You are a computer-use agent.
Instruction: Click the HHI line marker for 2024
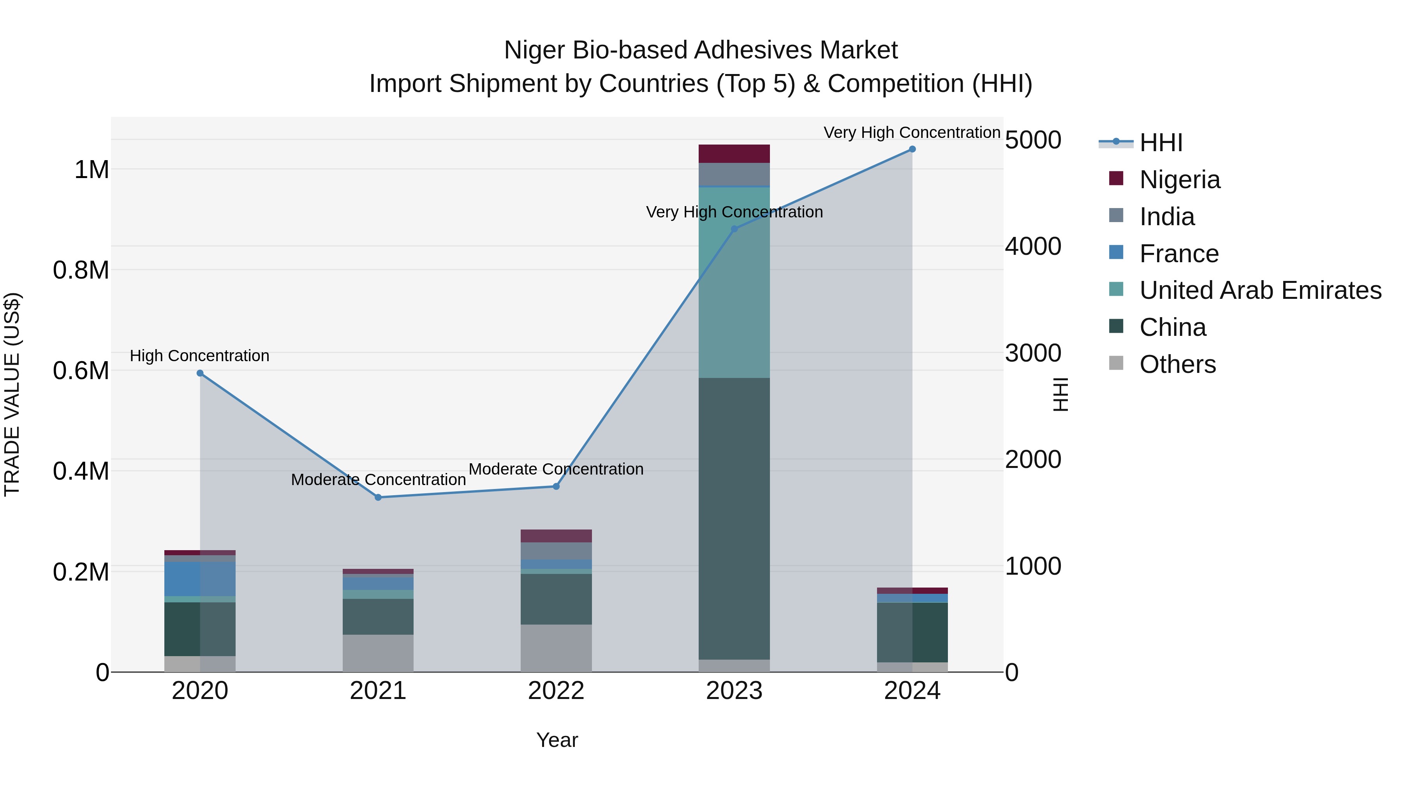pyautogui.click(x=912, y=149)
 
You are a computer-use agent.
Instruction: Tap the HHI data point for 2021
pyautogui.click(x=378, y=497)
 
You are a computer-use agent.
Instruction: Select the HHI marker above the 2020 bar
pyautogui.click(x=200, y=373)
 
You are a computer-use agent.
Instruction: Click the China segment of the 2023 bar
pyautogui.click(x=734, y=517)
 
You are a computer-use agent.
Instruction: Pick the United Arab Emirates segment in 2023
pyautogui.click(x=734, y=283)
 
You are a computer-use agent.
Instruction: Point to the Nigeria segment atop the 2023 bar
pyautogui.click(x=734, y=154)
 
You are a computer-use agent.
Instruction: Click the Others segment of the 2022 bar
pyautogui.click(x=556, y=648)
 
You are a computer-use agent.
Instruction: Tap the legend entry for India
pyautogui.click(x=1167, y=217)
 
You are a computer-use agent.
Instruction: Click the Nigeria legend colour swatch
pyautogui.click(x=1116, y=178)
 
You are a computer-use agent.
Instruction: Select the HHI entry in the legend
pyautogui.click(x=1161, y=143)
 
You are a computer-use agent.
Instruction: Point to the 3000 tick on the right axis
pyautogui.click(x=1032, y=353)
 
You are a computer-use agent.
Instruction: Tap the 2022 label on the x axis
pyautogui.click(x=556, y=691)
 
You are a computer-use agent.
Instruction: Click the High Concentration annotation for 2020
pyautogui.click(x=200, y=356)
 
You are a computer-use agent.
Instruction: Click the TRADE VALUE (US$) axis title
pyautogui.click(x=12, y=394)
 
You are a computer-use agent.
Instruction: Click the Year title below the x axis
pyautogui.click(x=557, y=740)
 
